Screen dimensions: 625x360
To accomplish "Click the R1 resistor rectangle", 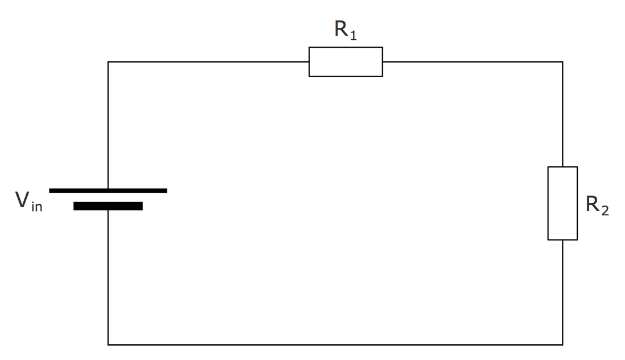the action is [345, 47].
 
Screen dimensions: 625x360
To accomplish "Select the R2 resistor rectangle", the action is [548, 203].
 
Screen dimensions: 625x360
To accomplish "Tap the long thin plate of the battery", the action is [108, 191].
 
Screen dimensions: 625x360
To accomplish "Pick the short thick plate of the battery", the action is [108, 206].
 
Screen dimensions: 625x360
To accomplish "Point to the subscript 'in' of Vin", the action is [37, 207].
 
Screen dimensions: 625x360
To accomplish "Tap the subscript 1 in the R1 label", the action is [353, 35].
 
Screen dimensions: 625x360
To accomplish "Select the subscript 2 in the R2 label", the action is [605, 210].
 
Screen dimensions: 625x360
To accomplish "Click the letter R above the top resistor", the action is [341, 28].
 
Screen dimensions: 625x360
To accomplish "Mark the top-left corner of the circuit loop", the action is [108, 62].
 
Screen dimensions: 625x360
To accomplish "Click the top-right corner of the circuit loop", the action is [562, 62].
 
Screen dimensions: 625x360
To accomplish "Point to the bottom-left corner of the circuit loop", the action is [108, 345].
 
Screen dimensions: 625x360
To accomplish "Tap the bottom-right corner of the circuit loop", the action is [562, 345].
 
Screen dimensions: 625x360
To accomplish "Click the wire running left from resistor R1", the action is [209, 62].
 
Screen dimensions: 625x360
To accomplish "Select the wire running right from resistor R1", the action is [472, 62].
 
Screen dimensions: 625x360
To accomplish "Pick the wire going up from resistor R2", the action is [562, 114].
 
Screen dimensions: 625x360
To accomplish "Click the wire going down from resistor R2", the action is [562, 292].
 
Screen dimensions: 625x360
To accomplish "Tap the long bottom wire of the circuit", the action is [335, 345].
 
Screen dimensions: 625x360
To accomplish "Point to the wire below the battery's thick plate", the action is [108, 277].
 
